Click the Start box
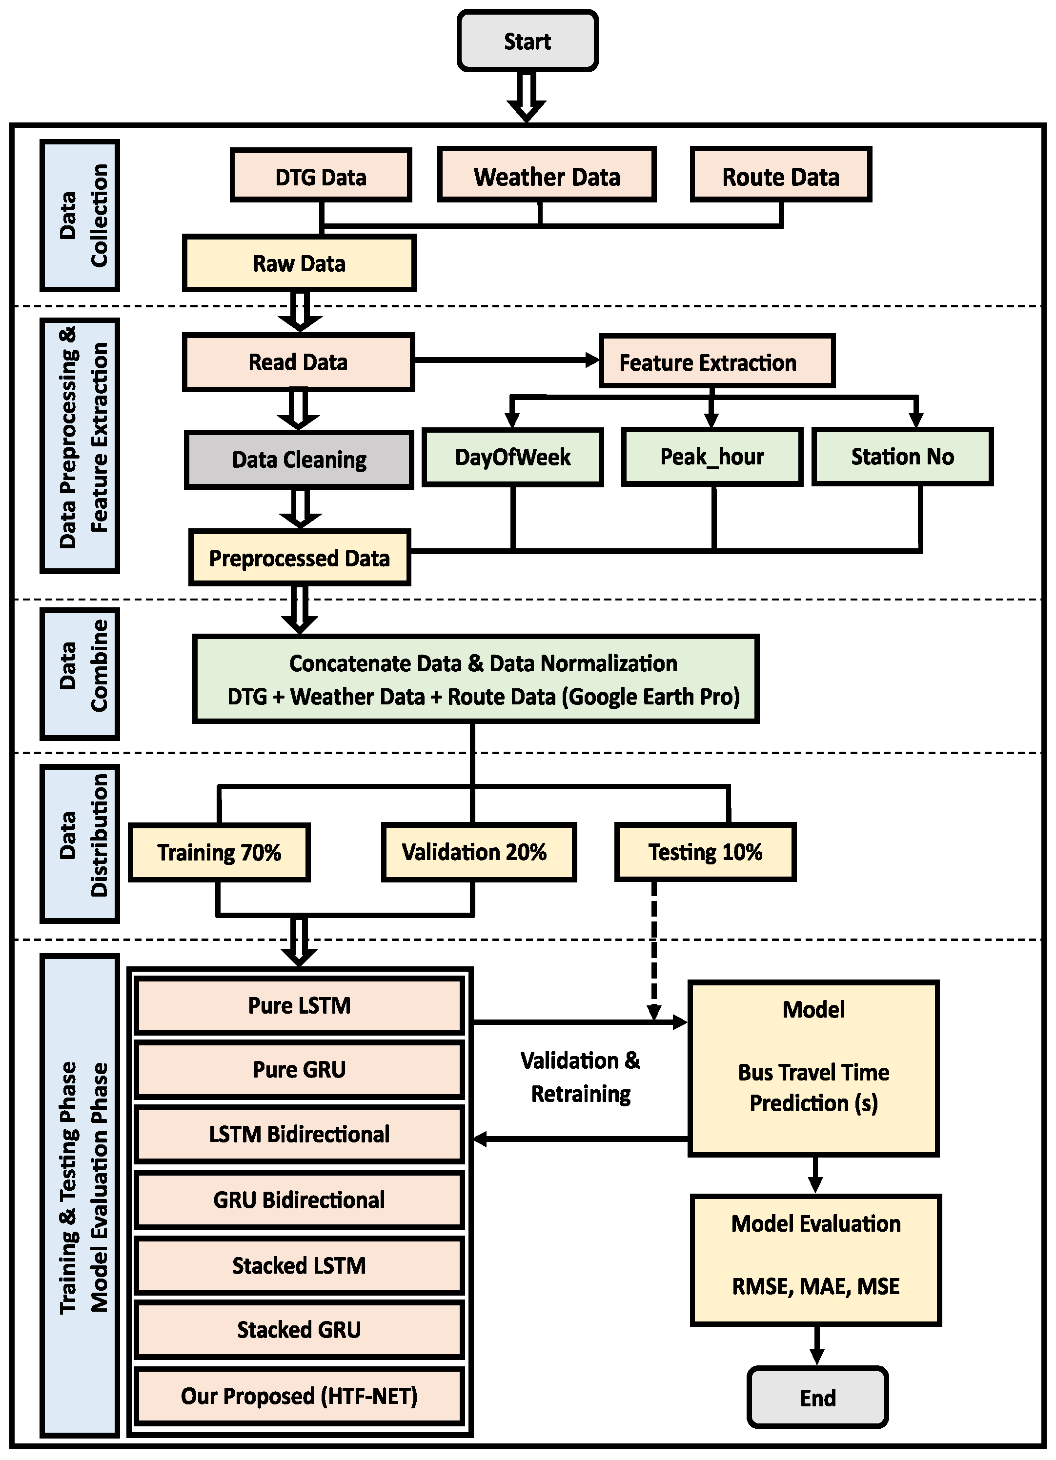tap(528, 41)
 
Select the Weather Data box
tap(547, 176)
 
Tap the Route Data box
tap(780, 176)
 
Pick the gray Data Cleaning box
tap(299, 460)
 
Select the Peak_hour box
tap(711, 457)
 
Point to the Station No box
tap(902, 457)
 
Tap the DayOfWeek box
tap(512, 457)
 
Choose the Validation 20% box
tap(478, 852)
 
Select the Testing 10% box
tap(705, 852)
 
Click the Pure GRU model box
tap(299, 1069)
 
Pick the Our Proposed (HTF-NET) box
tap(299, 1395)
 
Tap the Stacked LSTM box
tap(299, 1265)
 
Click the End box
tap(817, 1397)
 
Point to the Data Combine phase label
tap(80, 673)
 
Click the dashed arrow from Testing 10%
tap(653, 946)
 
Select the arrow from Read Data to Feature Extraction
tap(506, 360)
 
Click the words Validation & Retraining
tap(581, 1077)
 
